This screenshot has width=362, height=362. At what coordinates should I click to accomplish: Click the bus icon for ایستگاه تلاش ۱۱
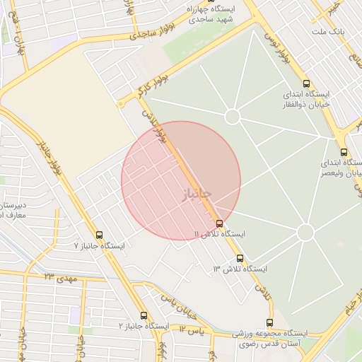point(219,223)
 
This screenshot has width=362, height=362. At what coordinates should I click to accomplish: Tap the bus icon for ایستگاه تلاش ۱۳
point(240,259)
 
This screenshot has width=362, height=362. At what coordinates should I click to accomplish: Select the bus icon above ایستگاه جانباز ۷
point(99,235)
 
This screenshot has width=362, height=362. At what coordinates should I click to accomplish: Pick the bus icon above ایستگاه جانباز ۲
point(144,315)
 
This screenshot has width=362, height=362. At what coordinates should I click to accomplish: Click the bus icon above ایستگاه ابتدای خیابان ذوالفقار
point(305,83)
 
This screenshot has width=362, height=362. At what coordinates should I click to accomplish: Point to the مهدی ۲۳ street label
point(59,277)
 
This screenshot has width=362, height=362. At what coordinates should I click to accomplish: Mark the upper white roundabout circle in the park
point(233,117)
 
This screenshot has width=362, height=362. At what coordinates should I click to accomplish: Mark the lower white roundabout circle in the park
point(305,232)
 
